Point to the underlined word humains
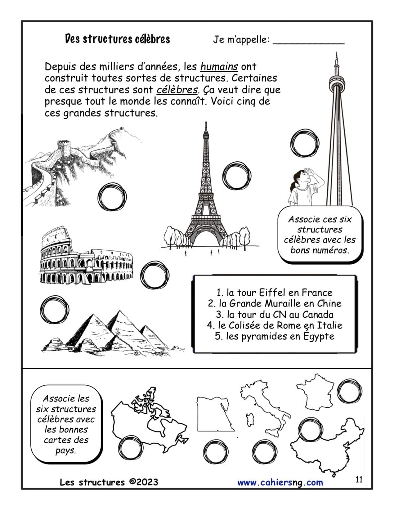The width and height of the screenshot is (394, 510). point(219,67)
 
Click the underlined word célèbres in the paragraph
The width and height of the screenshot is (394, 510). point(177,90)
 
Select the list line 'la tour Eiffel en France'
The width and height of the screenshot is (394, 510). point(275,293)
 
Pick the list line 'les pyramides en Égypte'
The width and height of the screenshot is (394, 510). point(275,336)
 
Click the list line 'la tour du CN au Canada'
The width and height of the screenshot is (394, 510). point(275,314)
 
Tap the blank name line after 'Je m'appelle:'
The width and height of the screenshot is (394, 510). point(309,44)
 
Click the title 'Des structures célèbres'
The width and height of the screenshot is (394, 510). point(118,39)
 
